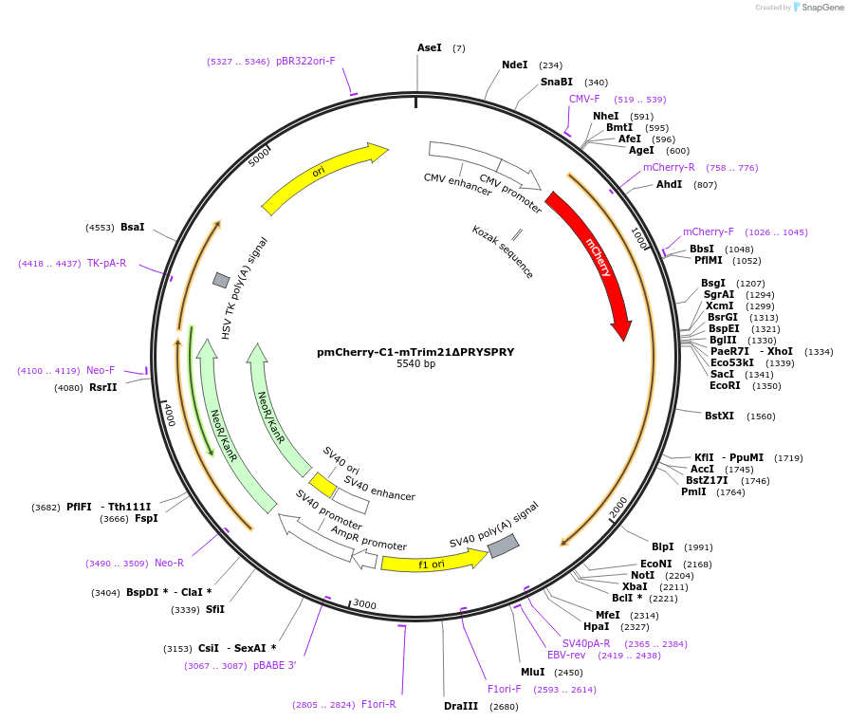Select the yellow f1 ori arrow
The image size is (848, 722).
coord(433,563)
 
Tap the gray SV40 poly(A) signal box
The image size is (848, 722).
coord(503,546)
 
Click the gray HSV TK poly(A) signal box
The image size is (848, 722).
coord(221,280)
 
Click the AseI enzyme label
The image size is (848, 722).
coord(430,47)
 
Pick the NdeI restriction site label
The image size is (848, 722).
coord(515,65)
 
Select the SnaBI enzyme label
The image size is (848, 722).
coord(557,83)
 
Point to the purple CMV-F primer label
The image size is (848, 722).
coord(584,99)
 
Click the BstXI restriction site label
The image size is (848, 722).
coord(719,416)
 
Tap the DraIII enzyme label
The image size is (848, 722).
coord(461,706)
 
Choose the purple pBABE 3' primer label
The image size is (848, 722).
coord(274,666)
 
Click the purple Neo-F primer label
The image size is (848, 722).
coord(101,370)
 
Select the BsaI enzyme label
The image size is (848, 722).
coord(132,227)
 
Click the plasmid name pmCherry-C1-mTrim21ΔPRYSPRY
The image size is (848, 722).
coord(415,352)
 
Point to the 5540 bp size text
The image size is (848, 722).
coord(415,364)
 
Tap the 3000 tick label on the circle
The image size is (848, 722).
coord(364,605)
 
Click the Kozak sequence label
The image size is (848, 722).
coord(503,251)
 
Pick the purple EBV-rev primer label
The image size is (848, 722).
coord(566,655)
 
